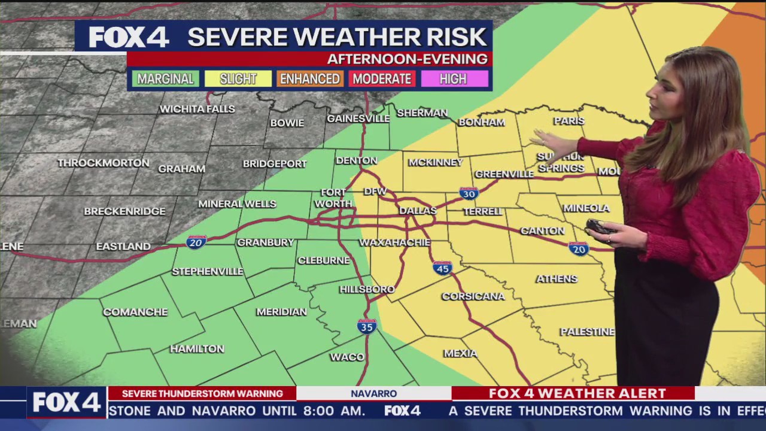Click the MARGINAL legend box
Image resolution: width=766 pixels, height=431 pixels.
tap(165, 79)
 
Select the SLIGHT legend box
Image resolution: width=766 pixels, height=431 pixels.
tap(238, 79)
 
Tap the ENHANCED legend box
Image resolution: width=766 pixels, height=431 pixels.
tap(310, 79)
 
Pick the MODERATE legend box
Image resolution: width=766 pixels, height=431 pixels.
tap(382, 79)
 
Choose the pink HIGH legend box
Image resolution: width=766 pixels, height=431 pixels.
tap(454, 79)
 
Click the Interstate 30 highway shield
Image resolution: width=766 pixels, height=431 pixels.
tap(469, 193)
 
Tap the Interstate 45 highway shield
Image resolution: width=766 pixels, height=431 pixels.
tap(442, 268)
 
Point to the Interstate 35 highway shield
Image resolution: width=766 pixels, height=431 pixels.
tap(366, 326)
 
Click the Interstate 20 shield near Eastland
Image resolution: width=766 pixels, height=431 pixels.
tap(196, 242)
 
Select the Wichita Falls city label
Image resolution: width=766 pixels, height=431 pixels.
tap(197, 109)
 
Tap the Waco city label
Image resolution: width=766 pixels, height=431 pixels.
tap(347, 357)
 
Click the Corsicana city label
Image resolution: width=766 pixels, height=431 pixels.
tap(473, 296)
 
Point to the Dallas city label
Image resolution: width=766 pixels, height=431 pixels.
tap(418, 211)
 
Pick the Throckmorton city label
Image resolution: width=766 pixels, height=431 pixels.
tap(104, 163)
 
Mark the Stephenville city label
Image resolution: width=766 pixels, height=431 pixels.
tap(208, 271)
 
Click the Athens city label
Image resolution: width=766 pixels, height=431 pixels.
tap(557, 279)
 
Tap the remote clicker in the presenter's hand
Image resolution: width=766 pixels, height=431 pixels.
tap(599, 227)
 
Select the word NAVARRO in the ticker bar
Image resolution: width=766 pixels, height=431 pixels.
tap(373, 393)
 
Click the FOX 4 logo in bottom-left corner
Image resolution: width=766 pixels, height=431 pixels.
tap(66, 402)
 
